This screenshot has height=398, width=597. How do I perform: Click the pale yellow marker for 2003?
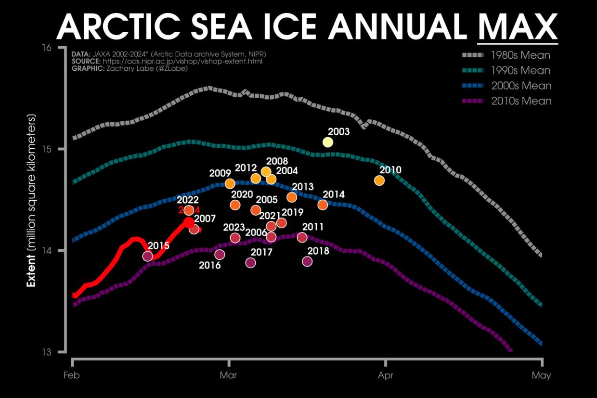coord(328,142)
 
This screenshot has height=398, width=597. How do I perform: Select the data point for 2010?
coord(379,180)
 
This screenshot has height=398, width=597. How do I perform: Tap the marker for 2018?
coord(307,261)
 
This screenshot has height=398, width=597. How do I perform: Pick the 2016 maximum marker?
coord(220,254)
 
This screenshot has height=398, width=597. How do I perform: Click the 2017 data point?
coord(250,262)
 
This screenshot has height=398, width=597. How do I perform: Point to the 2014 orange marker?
coord(323,205)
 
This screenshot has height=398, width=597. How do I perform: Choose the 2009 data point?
coord(230,183)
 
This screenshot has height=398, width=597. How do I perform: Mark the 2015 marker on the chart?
coord(148,256)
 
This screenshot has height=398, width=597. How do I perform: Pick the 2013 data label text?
coord(303,187)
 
